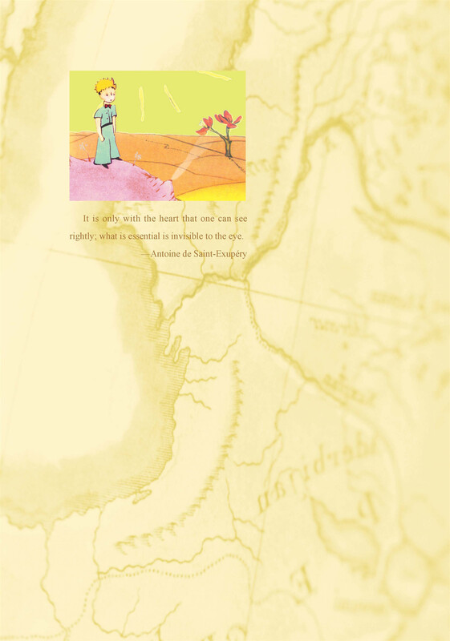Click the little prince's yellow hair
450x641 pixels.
click(x=103, y=86)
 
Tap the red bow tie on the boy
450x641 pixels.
click(x=106, y=104)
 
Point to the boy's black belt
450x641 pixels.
click(x=107, y=127)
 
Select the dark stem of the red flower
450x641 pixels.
click(x=227, y=144)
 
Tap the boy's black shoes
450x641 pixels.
click(x=103, y=163)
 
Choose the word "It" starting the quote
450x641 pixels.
click(x=86, y=219)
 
